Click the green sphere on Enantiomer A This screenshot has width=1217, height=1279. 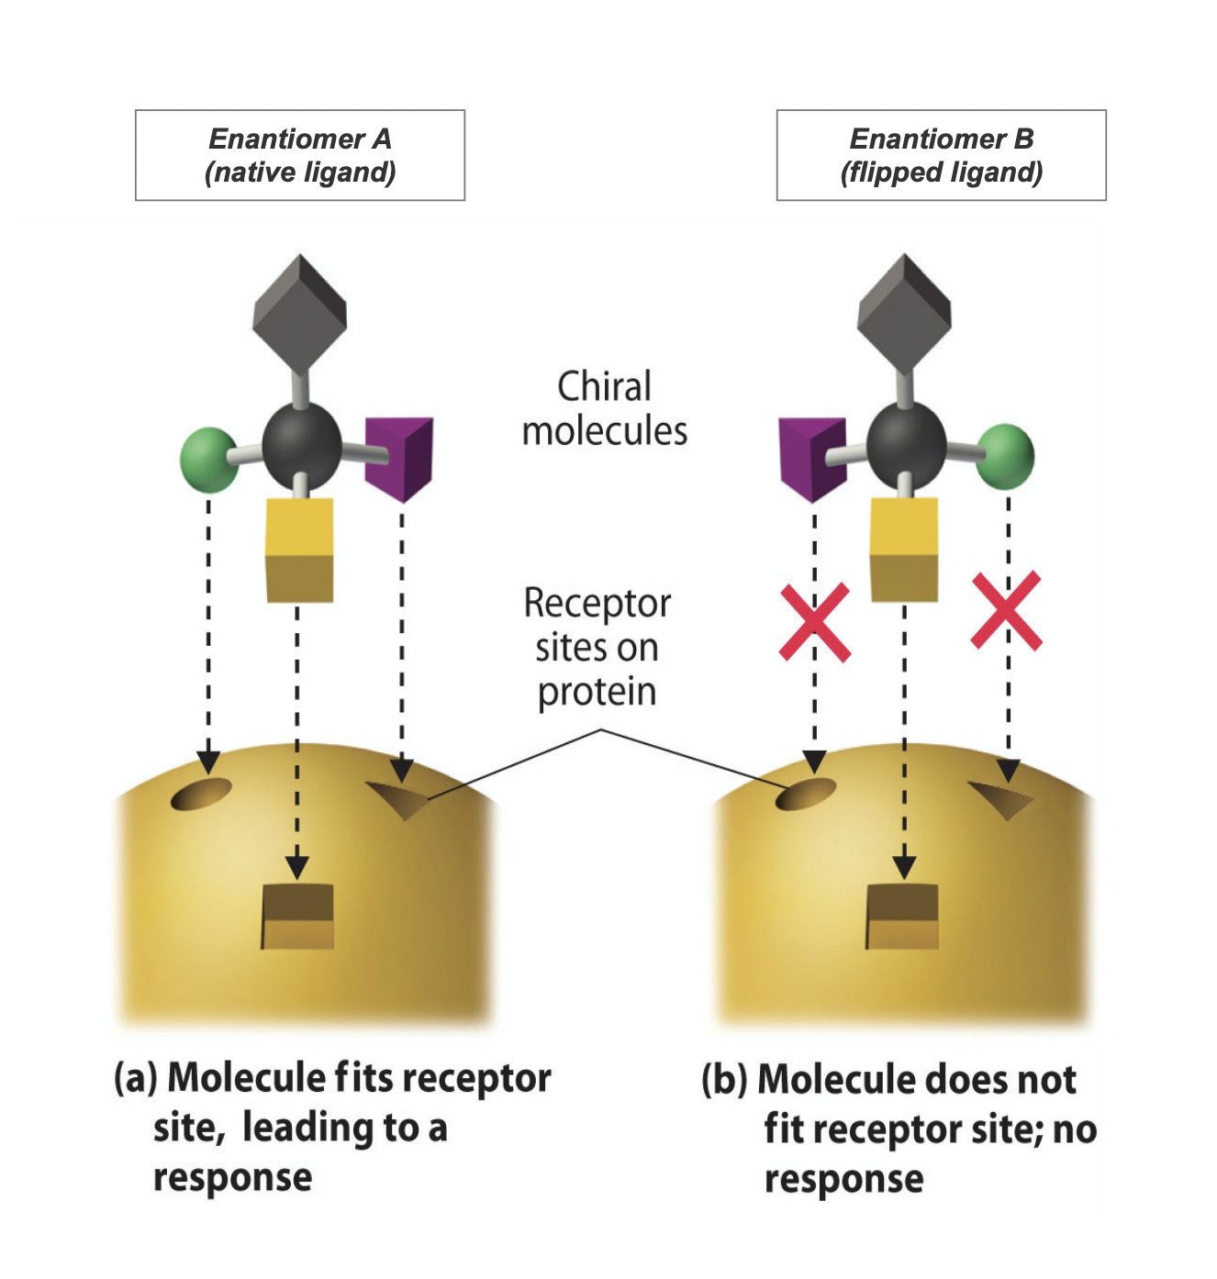[208, 459]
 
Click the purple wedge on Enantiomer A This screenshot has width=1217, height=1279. [399, 458]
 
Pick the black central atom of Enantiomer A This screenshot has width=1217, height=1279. [301, 441]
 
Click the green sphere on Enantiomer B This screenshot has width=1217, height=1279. [1006, 456]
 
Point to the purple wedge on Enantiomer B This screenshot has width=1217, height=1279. [812, 458]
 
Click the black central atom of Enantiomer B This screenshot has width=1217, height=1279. [906, 441]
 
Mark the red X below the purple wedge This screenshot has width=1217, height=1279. [814, 623]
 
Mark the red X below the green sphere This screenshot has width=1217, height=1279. [1007, 611]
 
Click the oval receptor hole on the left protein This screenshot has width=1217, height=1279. [201, 794]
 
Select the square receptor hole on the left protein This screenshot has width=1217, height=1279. [297, 916]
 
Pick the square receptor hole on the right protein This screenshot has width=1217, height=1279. [902, 916]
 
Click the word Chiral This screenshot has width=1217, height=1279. [604, 386]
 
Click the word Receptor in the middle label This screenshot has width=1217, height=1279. [597, 604]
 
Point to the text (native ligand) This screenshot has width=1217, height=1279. [300, 172]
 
